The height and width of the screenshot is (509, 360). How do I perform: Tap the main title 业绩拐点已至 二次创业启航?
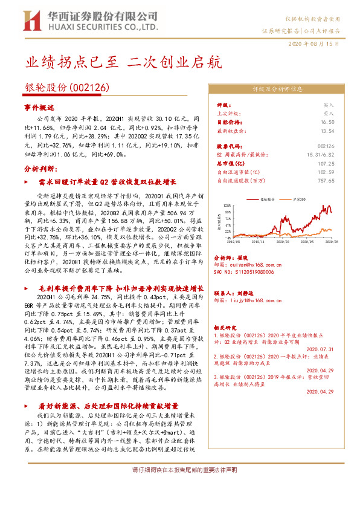(123, 62)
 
